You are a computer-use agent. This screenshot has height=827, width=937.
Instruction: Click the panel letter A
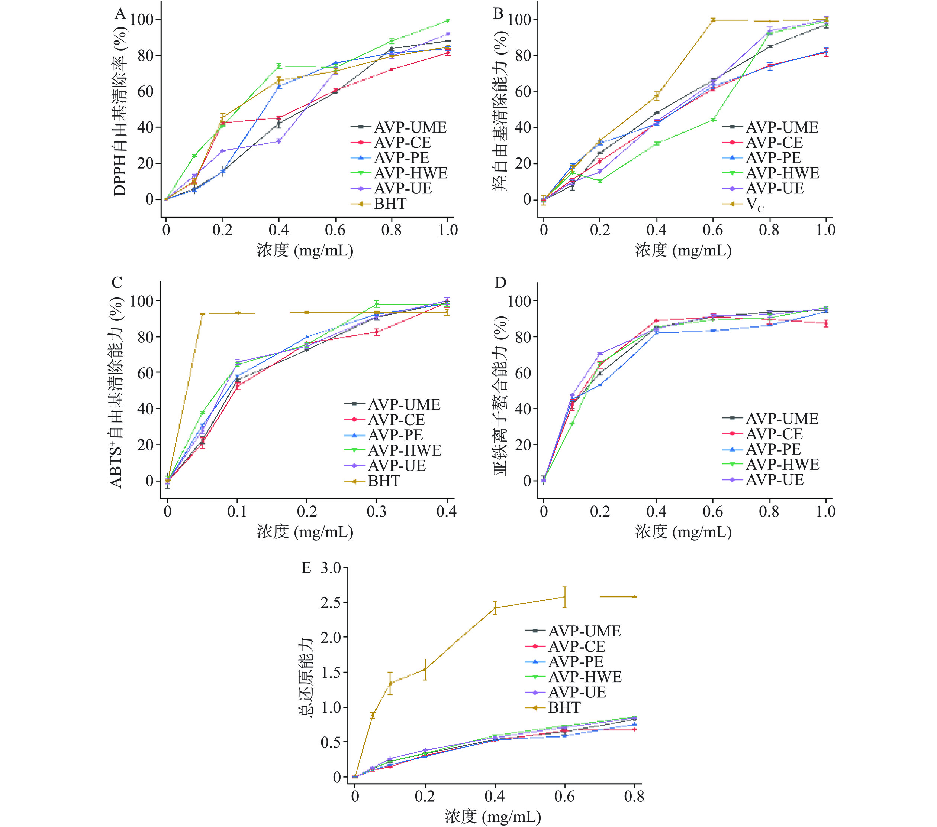point(120,14)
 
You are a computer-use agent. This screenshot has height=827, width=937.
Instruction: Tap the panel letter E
point(306,568)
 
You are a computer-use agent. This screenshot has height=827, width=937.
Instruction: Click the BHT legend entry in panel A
point(390,204)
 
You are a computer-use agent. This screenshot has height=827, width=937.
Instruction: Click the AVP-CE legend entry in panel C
point(396,420)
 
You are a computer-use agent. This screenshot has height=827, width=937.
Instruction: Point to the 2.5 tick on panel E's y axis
point(331,603)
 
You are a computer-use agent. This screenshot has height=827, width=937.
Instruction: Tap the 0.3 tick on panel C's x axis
point(376,511)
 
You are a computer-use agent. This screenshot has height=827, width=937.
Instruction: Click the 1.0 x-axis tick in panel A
point(448,230)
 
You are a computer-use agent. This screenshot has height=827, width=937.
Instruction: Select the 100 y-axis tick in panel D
point(521,301)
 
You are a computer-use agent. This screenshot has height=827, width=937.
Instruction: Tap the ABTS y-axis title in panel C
point(116,392)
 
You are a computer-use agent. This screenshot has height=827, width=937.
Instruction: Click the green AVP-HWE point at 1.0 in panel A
point(448,20)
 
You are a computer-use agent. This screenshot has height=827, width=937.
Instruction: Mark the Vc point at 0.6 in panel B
point(713,20)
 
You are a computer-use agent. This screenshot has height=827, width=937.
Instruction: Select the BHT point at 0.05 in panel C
point(203,314)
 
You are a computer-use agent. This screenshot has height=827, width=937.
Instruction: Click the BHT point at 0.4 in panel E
point(495,608)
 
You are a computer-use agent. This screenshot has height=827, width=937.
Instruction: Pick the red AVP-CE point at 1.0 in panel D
point(825,323)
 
